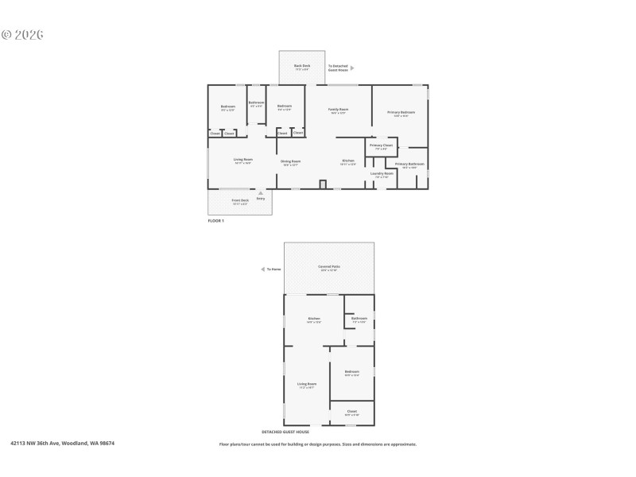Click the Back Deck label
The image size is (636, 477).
click(302, 67)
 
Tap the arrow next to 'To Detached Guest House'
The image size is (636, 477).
click(353, 68)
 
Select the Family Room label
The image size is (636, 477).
click(339, 111)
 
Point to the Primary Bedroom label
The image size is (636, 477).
click(401, 114)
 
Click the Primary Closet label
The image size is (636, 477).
click(382, 146)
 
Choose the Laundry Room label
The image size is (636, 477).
click(382, 174)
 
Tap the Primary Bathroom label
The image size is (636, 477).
click(410, 165)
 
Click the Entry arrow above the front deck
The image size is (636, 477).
click(260, 192)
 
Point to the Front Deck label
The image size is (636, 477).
click(239, 201)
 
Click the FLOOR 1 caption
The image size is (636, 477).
click(216, 220)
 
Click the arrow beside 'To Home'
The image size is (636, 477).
click(263, 270)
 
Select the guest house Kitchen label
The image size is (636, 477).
click(314, 320)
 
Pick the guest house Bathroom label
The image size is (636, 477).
click(359, 320)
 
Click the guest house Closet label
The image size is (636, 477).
click(352, 413)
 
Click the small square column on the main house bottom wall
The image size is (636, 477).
click(323, 185)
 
